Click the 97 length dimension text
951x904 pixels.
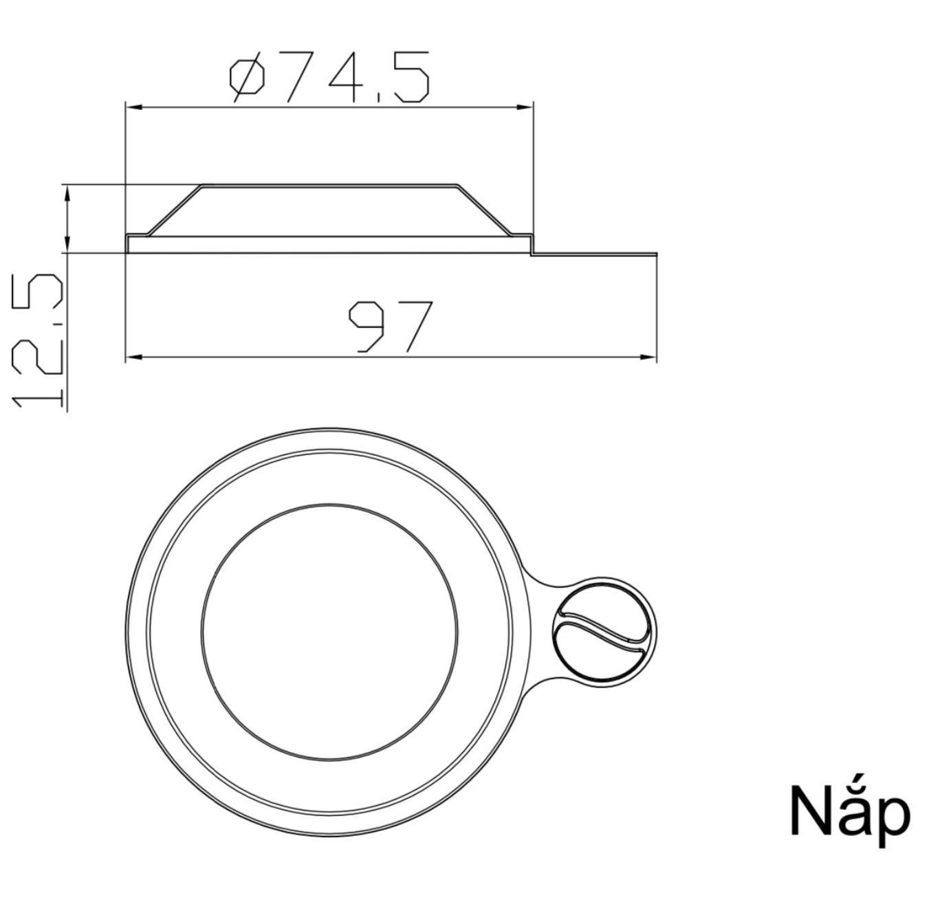391,326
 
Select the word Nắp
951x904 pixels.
849,813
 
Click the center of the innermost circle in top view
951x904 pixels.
329,631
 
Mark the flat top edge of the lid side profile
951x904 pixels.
329,185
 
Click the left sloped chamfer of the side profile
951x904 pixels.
175,210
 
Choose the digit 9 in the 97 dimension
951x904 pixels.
368,326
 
